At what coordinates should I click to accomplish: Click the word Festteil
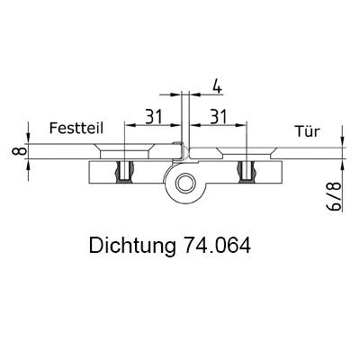76,128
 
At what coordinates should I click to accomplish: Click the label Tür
308,131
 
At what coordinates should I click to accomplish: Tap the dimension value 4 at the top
217,85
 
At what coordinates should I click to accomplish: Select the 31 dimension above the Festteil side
154,117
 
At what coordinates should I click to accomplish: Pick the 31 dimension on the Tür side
219,117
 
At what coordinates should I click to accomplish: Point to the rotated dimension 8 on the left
18,151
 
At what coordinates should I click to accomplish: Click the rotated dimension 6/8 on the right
335,195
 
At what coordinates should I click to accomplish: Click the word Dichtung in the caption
132,246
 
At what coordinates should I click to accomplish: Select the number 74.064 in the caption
216,246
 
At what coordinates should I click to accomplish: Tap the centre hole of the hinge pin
184,184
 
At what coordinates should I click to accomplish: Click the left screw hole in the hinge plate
124,171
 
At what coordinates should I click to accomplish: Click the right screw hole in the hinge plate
246,171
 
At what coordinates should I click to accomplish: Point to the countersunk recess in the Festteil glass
124,151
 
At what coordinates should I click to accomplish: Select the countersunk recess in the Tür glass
246,153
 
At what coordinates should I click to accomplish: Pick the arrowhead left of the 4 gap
176,94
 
